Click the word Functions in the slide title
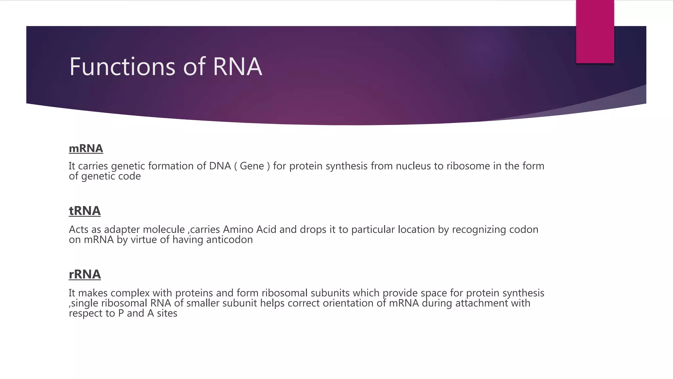(123, 67)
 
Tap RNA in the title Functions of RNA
(237, 67)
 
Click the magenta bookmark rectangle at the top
(595, 32)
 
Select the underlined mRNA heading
(86, 149)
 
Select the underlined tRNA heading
(84, 211)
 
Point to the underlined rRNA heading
(84, 274)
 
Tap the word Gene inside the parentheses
(252, 166)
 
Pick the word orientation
(348, 303)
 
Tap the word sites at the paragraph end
(167, 313)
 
